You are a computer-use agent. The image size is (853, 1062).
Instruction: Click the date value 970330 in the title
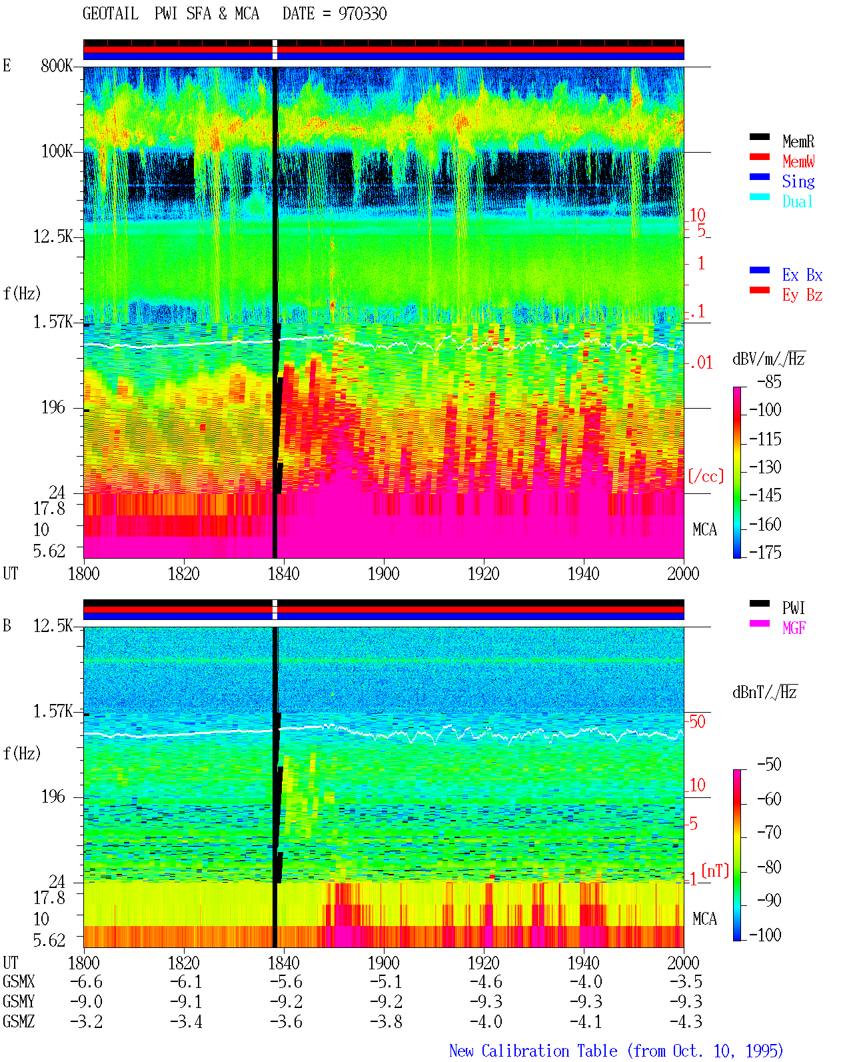coord(362,13)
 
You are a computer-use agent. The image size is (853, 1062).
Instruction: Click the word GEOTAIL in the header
coord(110,13)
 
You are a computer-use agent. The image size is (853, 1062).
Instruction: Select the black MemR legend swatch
coord(759,137)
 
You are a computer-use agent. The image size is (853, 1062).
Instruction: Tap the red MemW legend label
coord(798,161)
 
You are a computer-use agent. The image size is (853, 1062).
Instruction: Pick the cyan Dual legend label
coord(798,201)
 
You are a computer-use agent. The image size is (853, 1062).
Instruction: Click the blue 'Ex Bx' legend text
coord(802,275)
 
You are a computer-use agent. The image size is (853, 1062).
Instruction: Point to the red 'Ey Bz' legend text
coord(802,295)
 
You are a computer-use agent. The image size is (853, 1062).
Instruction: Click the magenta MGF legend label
coord(794,628)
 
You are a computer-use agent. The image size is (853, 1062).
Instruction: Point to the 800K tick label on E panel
coord(56,65)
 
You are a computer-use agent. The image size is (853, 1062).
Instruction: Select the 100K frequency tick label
coord(56,151)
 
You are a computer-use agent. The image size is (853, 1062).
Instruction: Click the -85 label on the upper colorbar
coord(769,381)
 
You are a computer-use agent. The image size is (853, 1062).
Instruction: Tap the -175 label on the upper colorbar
coord(765,552)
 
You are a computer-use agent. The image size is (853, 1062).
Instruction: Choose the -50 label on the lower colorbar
coord(769,765)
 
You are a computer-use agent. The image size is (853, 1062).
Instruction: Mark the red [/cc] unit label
coord(706,476)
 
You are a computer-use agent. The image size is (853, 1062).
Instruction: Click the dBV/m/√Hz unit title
coord(768,359)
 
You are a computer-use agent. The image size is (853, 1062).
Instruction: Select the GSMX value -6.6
coord(86,982)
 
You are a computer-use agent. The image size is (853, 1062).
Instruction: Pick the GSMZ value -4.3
coord(686,1021)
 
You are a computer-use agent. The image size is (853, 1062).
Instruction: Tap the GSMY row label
coord(19,1002)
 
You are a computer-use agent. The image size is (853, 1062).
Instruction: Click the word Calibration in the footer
coord(549,1051)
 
